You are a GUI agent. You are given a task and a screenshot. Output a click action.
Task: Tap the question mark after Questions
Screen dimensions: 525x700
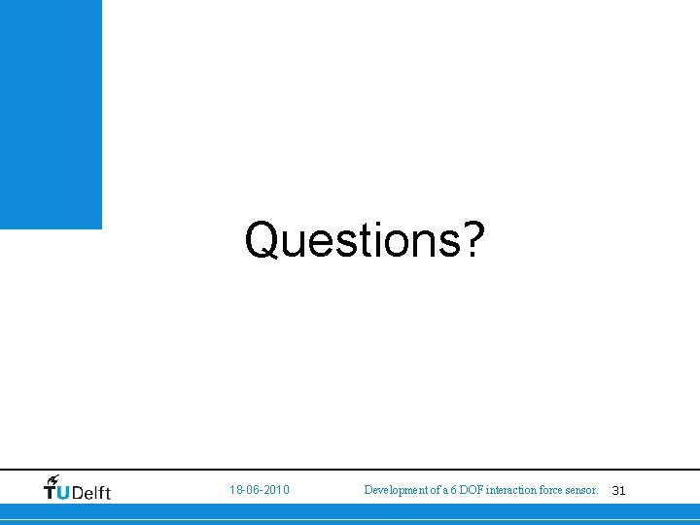[x=471, y=239]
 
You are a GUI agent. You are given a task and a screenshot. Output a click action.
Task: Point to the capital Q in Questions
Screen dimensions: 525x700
[x=262, y=239]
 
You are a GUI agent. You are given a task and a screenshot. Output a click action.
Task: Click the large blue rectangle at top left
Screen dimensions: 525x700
[x=51, y=113]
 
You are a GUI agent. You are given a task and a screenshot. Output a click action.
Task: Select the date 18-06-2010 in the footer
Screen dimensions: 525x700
[x=259, y=490]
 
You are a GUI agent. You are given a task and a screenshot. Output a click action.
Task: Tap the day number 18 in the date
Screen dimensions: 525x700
[x=235, y=490]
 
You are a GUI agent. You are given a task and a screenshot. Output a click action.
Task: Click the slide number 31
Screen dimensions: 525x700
[x=618, y=491]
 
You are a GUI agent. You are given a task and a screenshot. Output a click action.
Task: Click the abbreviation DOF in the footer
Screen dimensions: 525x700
[x=470, y=490]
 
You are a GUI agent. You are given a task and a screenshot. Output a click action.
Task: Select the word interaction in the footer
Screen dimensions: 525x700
[x=511, y=490]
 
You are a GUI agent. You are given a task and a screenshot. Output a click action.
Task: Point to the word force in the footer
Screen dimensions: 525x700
[x=551, y=490]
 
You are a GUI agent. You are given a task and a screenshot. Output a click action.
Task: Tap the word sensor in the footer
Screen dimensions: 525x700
[x=581, y=490]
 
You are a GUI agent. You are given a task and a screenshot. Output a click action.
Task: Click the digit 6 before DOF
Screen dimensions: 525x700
[x=452, y=490]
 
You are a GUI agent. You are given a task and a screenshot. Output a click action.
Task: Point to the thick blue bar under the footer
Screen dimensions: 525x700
[x=350, y=510]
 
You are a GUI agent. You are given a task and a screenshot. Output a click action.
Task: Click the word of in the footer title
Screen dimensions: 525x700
[x=433, y=490]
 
